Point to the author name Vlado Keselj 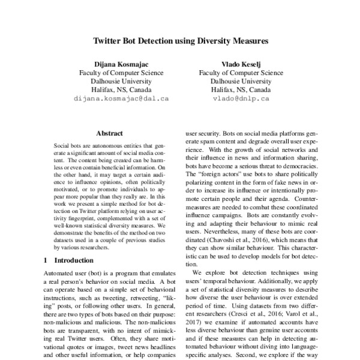239,64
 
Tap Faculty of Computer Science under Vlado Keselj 239,72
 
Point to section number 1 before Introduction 47,261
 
